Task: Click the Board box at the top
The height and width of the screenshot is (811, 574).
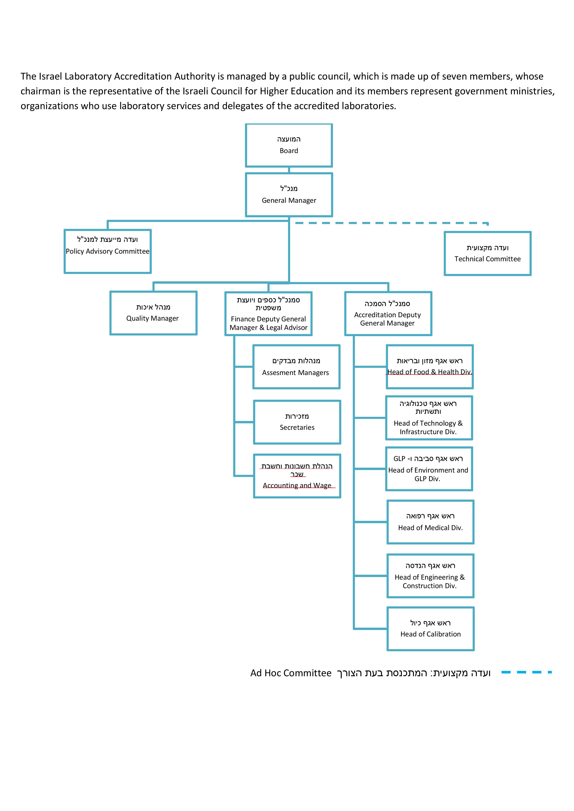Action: click(289, 145)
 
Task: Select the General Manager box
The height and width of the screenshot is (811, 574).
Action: click(289, 195)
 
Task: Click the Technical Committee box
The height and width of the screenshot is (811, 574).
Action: click(487, 253)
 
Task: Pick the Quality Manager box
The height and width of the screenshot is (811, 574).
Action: click(153, 313)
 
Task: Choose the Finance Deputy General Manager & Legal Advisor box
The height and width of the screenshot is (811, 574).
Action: click(268, 314)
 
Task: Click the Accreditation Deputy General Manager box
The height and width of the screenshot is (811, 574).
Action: click(388, 314)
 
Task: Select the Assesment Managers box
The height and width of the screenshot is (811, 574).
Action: click(296, 367)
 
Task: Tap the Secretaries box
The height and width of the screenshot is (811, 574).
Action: click(297, 422)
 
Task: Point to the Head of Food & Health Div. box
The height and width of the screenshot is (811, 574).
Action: click(429, 367)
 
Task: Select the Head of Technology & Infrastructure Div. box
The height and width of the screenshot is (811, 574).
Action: click(429, 418)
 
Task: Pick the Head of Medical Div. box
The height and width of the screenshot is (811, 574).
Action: click(430, 522)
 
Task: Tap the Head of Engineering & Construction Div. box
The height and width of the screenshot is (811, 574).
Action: click(430, 576)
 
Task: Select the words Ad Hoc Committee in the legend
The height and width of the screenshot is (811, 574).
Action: click(291, 673)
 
